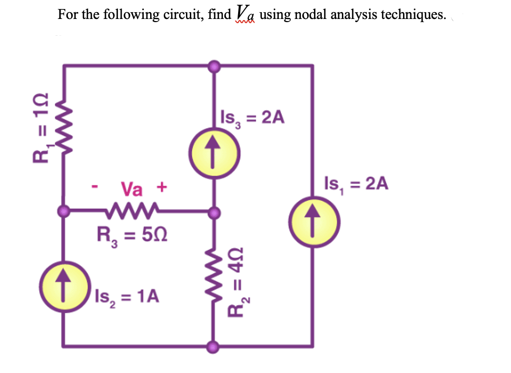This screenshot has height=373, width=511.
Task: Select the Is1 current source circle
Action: [314, 217]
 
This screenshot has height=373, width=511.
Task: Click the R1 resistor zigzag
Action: [64, 128]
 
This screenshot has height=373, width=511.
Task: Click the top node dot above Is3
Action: [213, 66]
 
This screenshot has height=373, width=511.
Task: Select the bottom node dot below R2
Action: [213, 347]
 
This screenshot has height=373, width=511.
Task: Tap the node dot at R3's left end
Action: [64, 212]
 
